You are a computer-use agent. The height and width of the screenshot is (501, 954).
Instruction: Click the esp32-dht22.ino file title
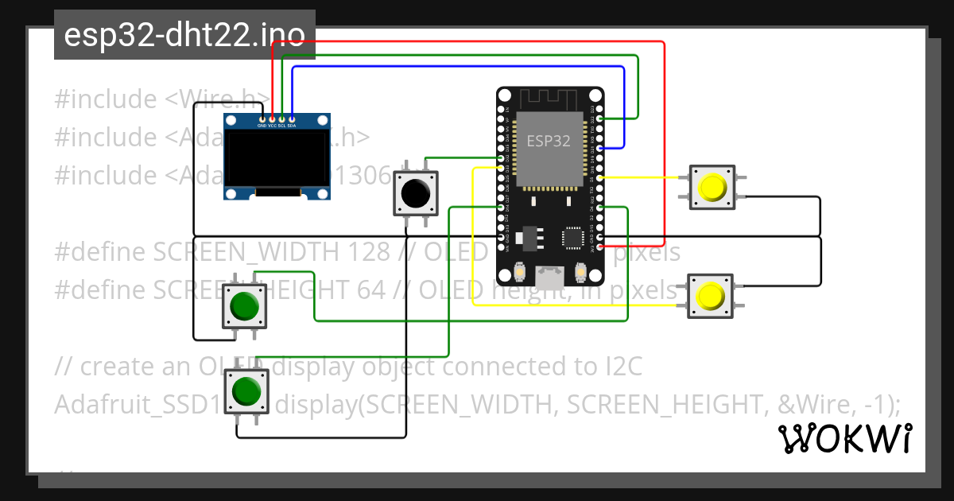184,36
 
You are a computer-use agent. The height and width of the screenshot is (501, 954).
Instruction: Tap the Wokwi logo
844,438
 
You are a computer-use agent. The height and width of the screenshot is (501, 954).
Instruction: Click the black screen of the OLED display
277,157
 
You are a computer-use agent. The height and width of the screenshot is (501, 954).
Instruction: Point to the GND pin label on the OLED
262,126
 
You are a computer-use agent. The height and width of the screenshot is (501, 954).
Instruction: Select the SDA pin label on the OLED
292,126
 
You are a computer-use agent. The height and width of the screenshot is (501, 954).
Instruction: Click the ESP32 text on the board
549,141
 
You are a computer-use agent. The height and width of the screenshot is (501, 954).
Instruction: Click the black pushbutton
416,193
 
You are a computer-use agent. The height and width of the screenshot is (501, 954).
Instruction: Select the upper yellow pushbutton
712,187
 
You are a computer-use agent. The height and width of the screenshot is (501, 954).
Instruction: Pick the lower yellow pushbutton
709,297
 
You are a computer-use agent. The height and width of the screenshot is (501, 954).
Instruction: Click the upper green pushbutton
244,305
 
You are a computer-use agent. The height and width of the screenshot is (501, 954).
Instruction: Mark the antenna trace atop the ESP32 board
549,99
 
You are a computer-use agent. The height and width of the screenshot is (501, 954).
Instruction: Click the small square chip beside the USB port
574,237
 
